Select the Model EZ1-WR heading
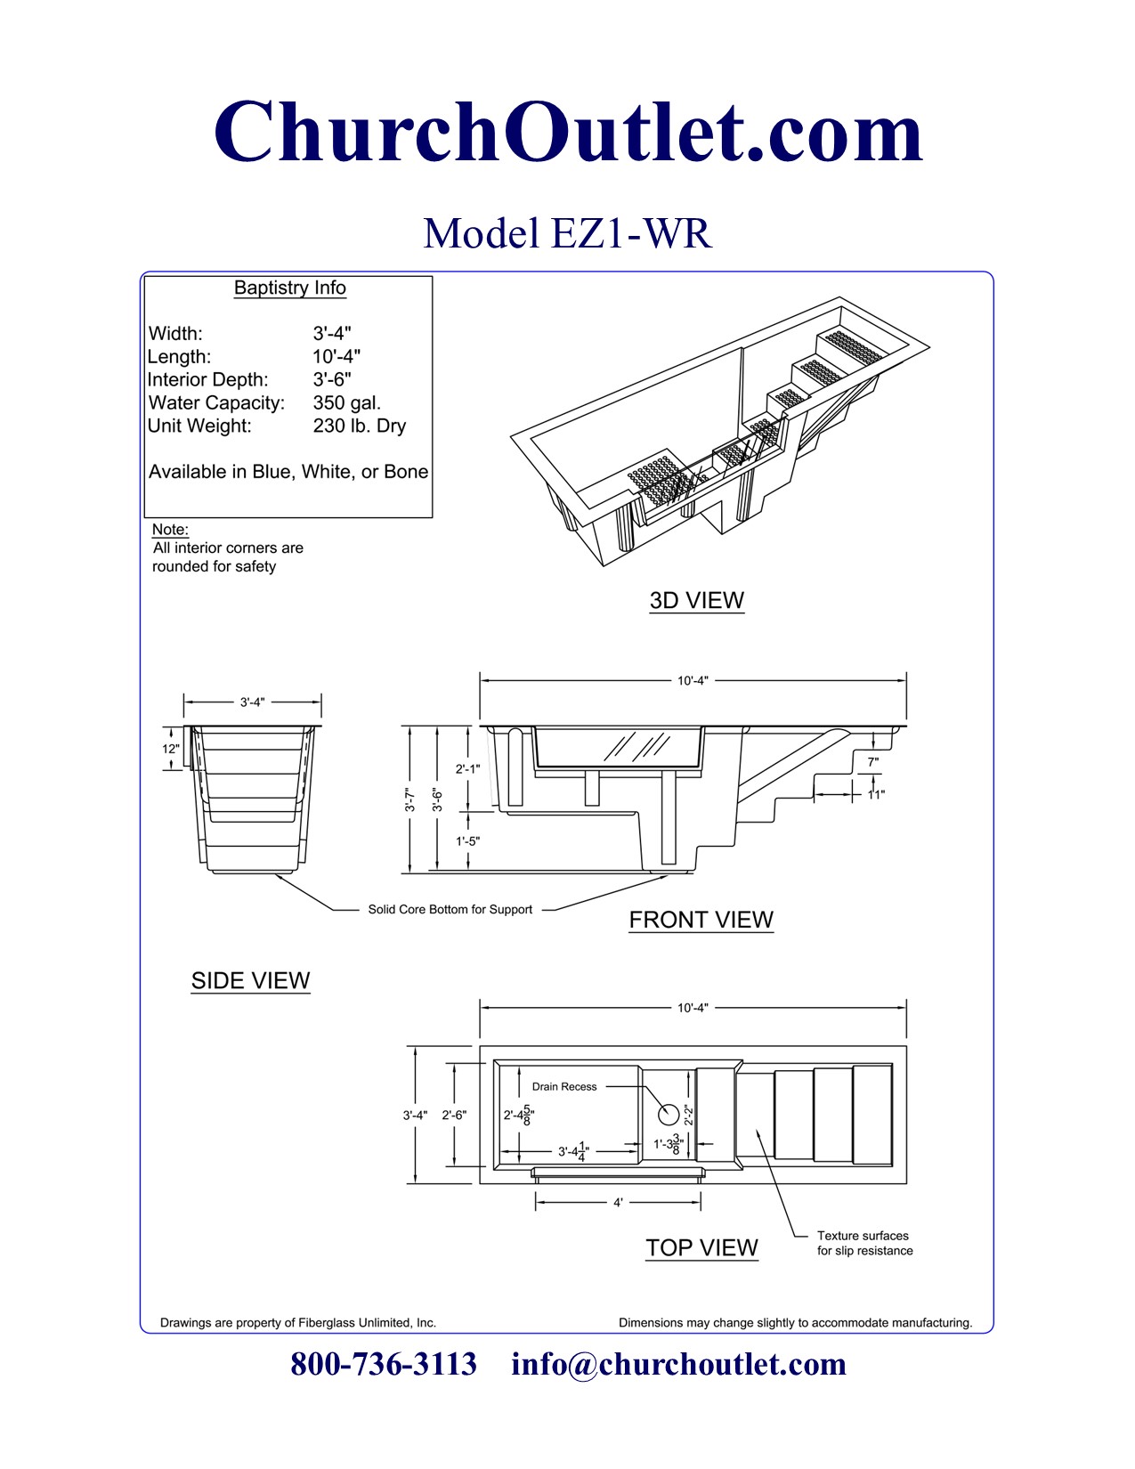coord(567,234)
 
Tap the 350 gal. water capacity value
coord(346,402)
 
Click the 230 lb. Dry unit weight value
coord(359,426)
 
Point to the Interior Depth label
coord(207,379)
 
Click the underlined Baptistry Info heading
coord(289,288)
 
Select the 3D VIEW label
coord(696,600)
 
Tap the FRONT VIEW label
coord(701,920)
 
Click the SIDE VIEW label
coord(250,980)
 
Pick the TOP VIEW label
coord(701,1247)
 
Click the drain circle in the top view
coord(668,1114)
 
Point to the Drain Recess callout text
coord(564,1086)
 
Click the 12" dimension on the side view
coord(170,749)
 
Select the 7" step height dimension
coord(872,762)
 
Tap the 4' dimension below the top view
coord(618,1203)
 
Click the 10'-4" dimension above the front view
coord(693,680)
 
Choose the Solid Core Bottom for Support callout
coord(450,909)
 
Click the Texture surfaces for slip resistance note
coord(864,1243)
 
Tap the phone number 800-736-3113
coord(384,1364)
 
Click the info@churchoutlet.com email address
coord(678,1364)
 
